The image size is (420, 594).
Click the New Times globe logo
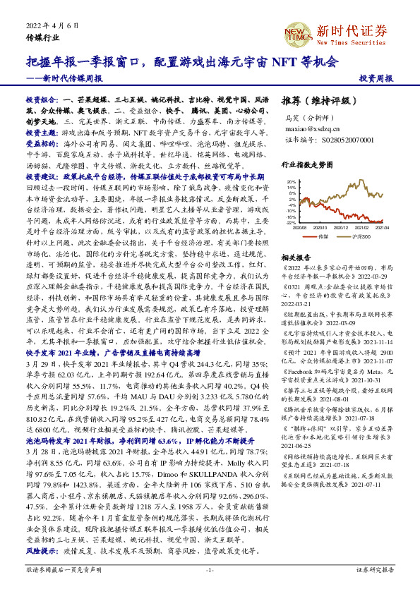click(x=297, y=32)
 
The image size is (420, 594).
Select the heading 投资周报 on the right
click(x=375, y=78)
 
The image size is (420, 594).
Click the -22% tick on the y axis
click(x=291, y=222)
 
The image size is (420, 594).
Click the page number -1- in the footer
click(x=209, y=569)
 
